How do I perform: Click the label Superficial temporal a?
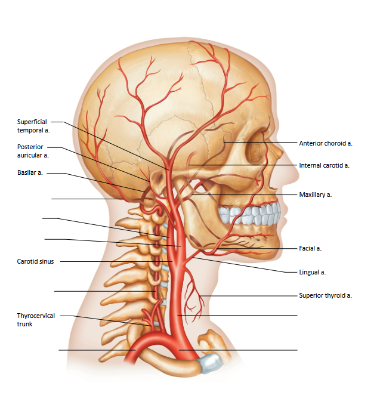33,126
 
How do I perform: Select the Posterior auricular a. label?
33,151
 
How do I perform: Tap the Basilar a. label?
30,172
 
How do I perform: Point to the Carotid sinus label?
35,261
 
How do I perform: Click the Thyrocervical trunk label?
36,320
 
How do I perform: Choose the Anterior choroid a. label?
326,143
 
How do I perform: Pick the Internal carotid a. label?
324,165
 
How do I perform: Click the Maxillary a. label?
315,194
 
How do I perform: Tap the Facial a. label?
310,248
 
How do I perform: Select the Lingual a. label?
312,272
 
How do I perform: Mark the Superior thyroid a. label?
325,295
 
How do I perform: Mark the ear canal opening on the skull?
159,180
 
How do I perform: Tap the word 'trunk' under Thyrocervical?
24,324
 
